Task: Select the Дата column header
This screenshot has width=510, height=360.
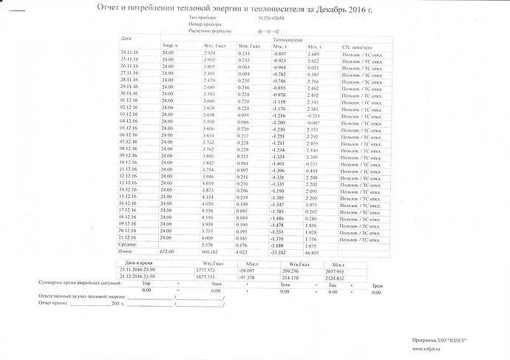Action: (126, 38)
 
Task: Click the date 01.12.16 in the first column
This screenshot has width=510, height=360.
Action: (129, 101)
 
